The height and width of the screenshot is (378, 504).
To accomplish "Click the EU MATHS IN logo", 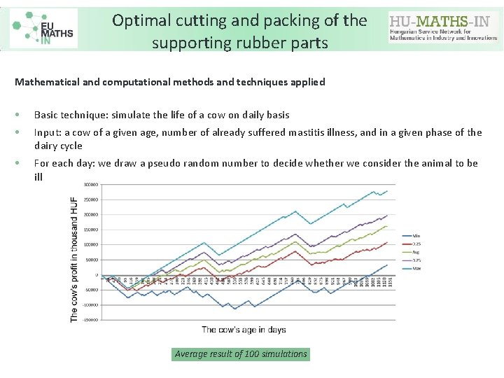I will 43,28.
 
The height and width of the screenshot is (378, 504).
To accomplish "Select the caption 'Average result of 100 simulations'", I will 241,354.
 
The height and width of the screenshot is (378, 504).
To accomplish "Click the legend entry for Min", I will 416,235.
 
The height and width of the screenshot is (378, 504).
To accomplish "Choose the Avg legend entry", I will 416,251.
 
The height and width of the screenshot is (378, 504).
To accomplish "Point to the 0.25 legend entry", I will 416,244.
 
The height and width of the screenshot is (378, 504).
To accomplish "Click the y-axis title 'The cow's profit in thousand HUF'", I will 74,260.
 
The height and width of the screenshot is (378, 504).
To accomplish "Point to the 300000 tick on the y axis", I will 91,185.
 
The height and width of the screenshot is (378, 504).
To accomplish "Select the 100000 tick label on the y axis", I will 91,244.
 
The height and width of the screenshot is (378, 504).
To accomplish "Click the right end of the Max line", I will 387,190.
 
